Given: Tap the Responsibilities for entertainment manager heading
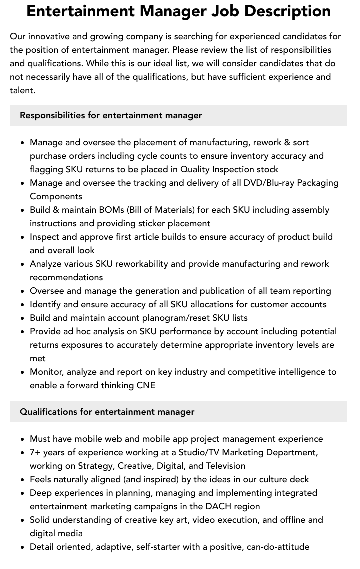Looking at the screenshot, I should pos(111,115).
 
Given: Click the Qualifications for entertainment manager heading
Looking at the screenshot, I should pos(107,412).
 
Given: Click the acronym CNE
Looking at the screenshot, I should pos(146,385).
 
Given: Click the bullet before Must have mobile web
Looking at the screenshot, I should pos(23,439).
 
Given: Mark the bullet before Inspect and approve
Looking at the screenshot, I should pos(23,237).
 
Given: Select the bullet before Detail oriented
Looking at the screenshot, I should pos(23,547).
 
